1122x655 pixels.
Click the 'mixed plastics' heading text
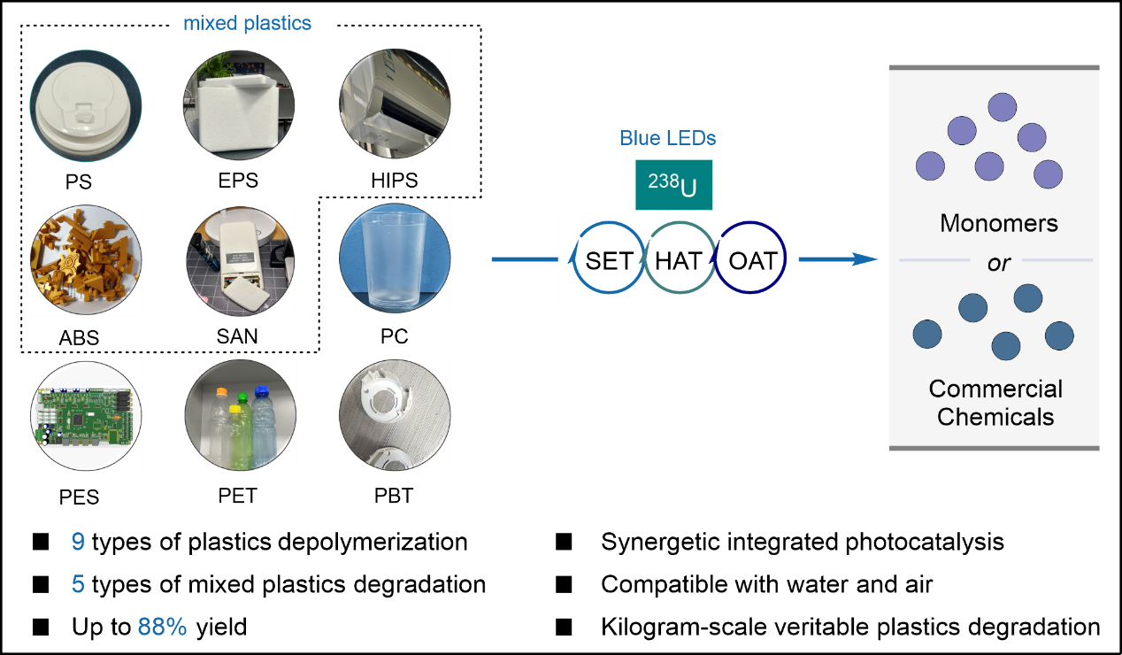click(x=247, y=23)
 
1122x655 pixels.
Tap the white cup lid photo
click(x=85, y=104)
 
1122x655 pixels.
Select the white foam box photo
click(x=239, y=104)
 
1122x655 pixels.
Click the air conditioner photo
click(x=395, y=104)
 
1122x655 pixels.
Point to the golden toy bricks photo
click(x=86, y=259)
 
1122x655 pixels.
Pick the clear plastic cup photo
click(x=395, y=258)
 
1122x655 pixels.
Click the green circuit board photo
click(x=86, y=416)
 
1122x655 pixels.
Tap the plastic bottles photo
click(x=239, y=415)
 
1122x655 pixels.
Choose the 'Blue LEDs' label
click(x=668, y=138)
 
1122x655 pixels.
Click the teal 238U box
click(x=673, y=185)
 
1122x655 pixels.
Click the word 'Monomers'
click(x=998, y=223)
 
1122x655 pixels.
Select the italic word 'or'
click(x=998, y=263)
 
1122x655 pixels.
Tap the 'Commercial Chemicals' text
click(x=995, y=403)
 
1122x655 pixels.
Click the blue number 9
click(x=78, y=542)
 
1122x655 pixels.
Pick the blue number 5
click(x=78, y=584)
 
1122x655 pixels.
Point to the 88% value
click(x=162, y=628)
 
